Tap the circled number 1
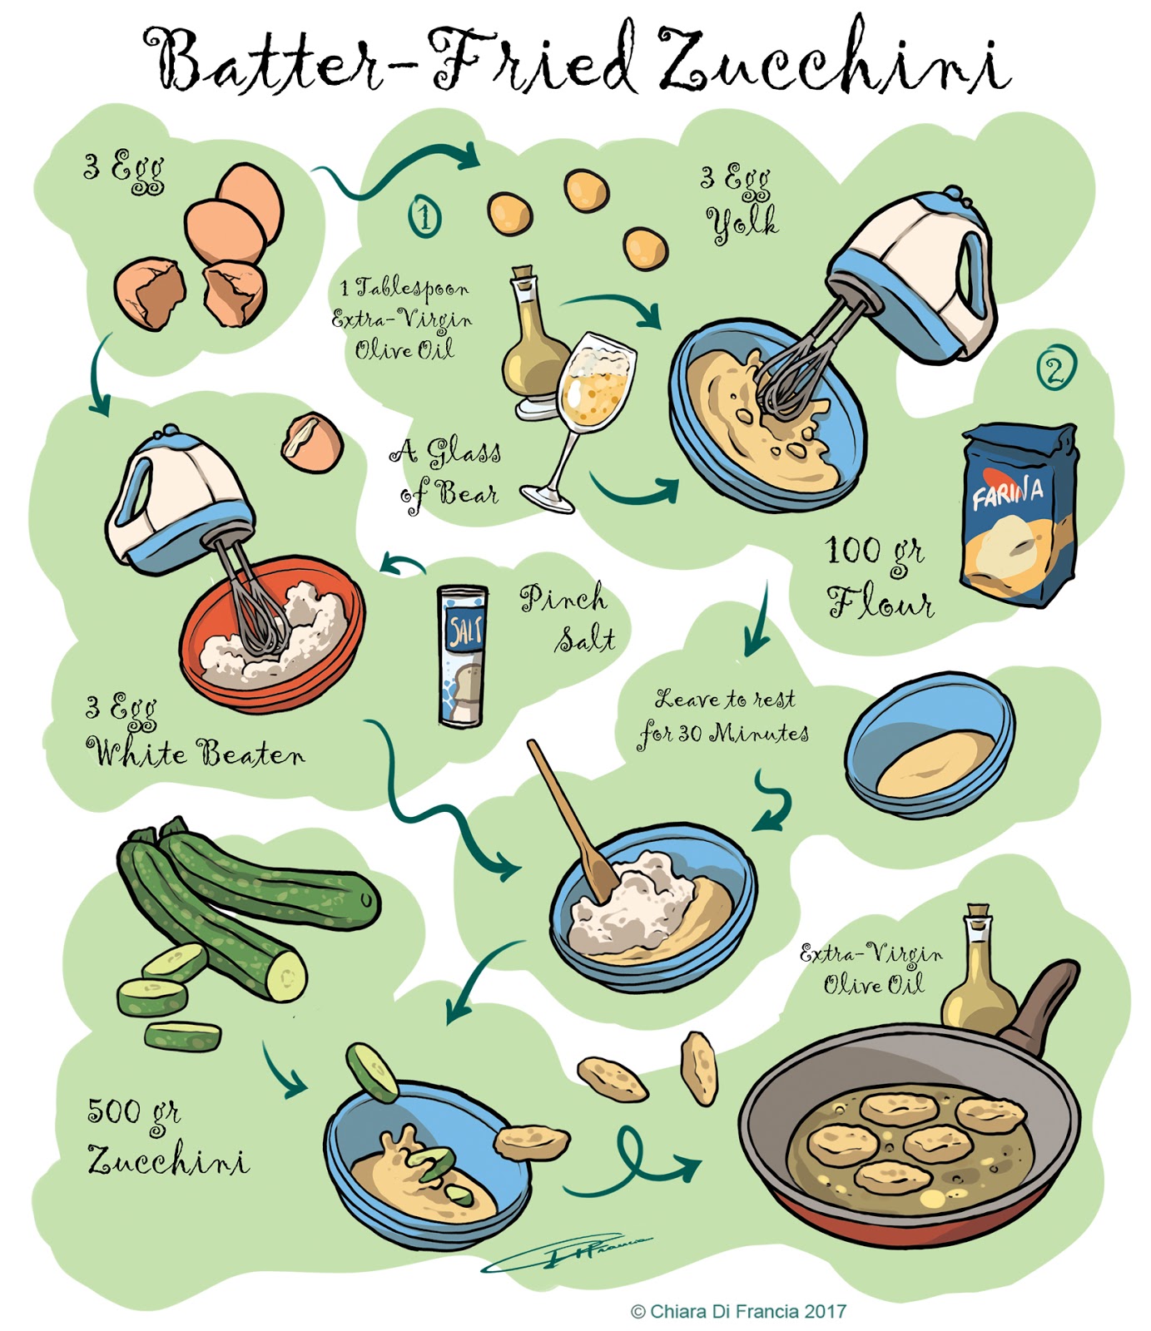pos(425,217)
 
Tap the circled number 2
pos(1055,369)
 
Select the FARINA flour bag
pos(1017,516)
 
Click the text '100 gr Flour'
pos(878,576)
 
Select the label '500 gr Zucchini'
pos(166,1136)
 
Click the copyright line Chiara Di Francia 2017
pos(738,1312)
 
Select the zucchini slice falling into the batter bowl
pos(372,1072)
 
